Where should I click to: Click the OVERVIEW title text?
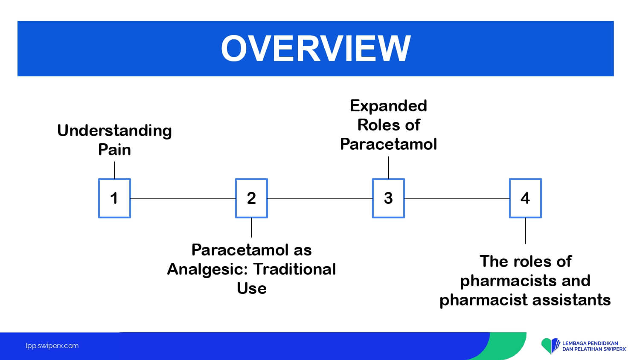click(315, 48)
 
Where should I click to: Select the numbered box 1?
click(114, 198)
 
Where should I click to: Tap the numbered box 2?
click(251, 198)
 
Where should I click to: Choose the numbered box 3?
click(388, 198)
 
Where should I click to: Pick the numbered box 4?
click(525, 198)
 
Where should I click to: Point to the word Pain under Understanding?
click(114, 150)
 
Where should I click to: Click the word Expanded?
click(388, 106)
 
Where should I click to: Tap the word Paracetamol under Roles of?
click(388, 144)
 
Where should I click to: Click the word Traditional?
click(295, 269)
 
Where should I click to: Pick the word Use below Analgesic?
click(251, 288)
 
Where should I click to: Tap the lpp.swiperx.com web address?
click(52, 346)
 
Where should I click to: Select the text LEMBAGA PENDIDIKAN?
click(590, 343)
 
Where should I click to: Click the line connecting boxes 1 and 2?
click(183, 198)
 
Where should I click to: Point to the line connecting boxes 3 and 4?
click(457, 198)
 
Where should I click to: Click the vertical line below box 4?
click(525, 231)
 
